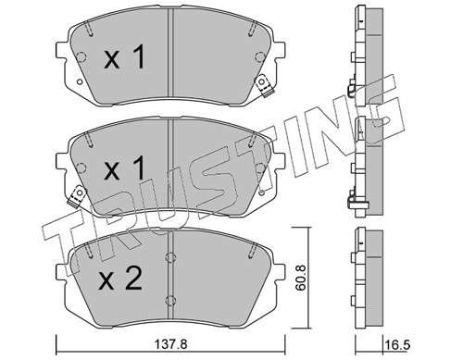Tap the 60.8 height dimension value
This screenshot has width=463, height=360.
[x=300, y=277]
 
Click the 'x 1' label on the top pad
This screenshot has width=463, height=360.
[x=124, y=56]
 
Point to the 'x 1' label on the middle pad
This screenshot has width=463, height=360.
[x=124, y=168]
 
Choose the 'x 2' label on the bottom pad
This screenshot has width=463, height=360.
[x=120, y=278]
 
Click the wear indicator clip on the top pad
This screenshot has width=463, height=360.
[x=264, y=86]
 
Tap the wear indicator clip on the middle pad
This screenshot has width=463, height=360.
[x=76, y=196]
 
